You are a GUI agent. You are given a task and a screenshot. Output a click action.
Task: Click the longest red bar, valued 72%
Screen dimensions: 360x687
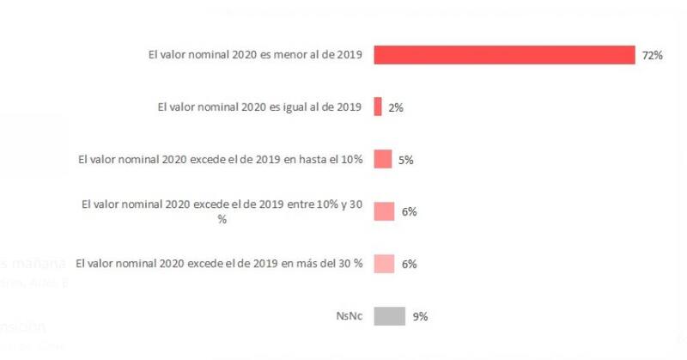504,55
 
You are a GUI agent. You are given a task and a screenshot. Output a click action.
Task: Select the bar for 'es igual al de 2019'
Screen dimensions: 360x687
378,107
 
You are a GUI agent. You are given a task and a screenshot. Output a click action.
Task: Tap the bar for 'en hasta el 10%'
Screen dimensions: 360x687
383,159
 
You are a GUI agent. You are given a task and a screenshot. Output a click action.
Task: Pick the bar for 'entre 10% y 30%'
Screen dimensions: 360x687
384,211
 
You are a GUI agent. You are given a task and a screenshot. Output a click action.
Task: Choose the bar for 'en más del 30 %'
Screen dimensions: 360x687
384,264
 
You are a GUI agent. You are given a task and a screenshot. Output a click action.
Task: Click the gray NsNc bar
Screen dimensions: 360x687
389,316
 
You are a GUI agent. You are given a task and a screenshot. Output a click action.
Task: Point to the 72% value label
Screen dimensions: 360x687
652,56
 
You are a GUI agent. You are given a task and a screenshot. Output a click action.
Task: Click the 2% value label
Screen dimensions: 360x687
395,108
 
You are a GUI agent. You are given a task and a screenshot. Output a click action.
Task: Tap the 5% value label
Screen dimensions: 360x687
405,160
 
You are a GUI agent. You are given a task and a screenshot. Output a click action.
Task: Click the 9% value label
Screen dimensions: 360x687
420,317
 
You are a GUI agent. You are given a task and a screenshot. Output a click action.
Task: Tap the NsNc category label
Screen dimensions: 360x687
350,317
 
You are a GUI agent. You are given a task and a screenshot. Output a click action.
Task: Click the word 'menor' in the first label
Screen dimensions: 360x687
283,56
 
